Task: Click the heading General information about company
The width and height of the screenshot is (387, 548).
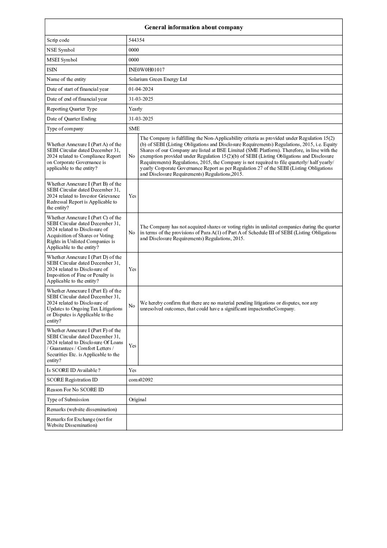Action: [193, 27]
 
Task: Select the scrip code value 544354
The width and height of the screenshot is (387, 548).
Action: [136, 40]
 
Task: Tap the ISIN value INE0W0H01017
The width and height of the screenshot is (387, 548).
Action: [144, 70]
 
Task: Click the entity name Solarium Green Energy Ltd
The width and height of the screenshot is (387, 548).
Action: [158, 79]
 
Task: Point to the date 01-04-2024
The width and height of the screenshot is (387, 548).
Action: [141, 89]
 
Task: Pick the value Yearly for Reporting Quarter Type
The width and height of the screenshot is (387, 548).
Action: [135, 109]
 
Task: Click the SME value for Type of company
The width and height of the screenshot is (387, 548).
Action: [134, 129]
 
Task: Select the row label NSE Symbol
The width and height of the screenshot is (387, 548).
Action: [61, 50]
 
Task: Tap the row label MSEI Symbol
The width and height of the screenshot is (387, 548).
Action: [62, 60]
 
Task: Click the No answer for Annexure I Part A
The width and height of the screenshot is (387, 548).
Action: [132, 156]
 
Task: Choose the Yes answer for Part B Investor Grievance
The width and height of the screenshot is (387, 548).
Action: [132, 196]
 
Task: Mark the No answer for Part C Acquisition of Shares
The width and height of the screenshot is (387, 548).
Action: [132, 232]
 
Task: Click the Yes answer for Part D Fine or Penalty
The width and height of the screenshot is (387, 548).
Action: [132, 269]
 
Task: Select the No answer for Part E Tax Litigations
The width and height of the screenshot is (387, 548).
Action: [132, 306]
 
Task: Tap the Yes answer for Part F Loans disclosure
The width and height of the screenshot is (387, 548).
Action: [132, 346]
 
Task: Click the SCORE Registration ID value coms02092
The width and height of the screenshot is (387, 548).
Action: [141, 380]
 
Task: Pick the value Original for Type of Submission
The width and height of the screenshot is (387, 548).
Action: [138, 400]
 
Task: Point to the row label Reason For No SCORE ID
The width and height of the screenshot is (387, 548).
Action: [75, 390]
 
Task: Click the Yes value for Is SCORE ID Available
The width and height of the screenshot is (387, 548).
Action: [132, 370]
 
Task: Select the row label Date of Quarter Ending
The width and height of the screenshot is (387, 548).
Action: [72, 119]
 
